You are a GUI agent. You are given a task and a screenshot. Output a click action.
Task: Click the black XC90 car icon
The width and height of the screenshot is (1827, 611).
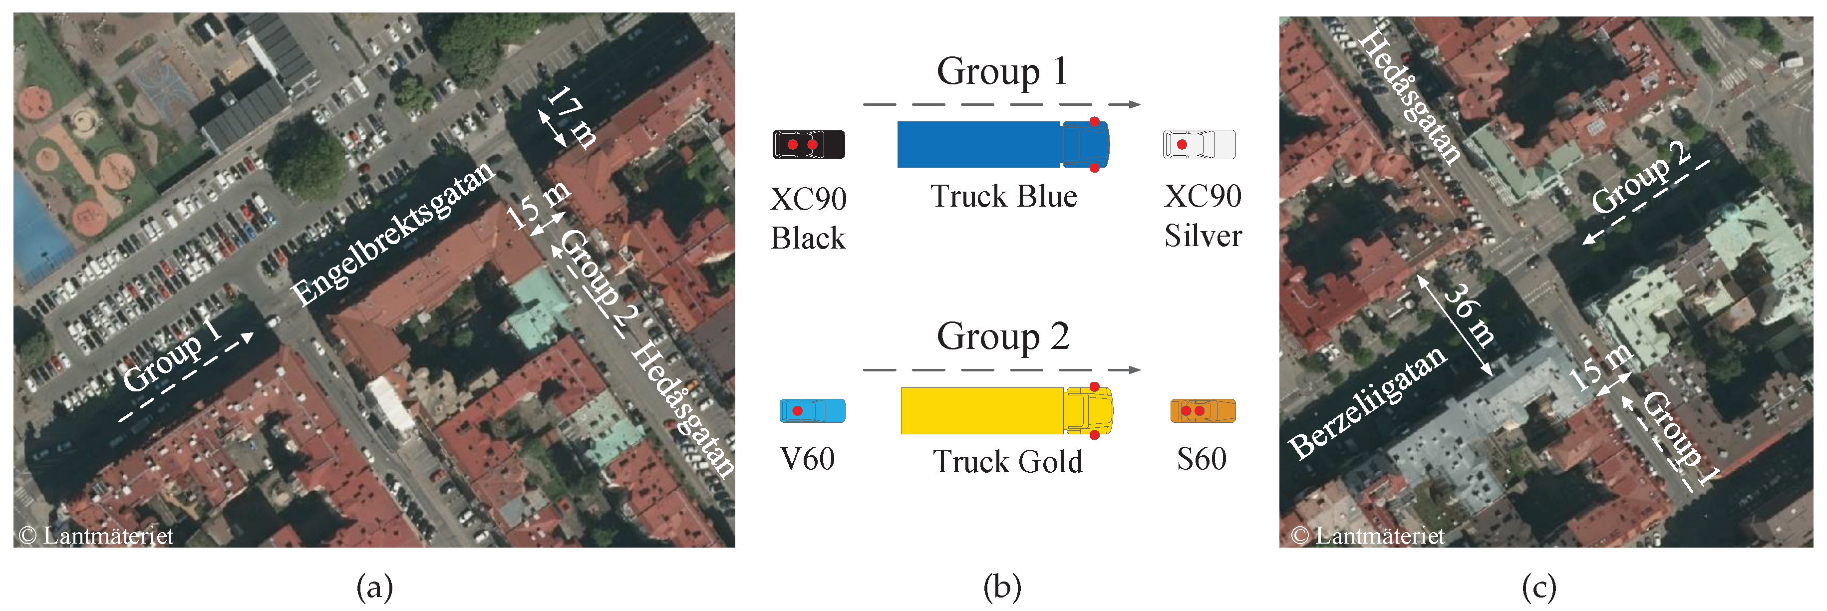tap(809, 145)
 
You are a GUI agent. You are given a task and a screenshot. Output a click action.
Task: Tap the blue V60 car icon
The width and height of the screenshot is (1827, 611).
tap(812, 411)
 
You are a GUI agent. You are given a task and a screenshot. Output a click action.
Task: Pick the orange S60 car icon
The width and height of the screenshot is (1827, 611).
tap(1203, 411)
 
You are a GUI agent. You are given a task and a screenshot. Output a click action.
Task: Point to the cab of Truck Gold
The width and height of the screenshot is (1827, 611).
tap(1088, 410)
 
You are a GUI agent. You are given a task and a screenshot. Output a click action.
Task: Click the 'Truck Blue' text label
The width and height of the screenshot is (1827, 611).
tap(1003, 197)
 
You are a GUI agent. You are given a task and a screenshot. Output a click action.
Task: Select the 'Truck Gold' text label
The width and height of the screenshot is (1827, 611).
tap(1007, 462)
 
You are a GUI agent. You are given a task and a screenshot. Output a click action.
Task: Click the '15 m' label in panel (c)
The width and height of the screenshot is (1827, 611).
tap(1601, 367)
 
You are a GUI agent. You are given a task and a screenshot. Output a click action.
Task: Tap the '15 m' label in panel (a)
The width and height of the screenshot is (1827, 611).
tap(539, 205)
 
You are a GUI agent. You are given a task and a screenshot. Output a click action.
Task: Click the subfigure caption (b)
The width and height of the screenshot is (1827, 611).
tap(1002, 588)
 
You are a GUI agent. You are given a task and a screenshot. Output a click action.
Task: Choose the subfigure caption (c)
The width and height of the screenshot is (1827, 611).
tap(1539, 588)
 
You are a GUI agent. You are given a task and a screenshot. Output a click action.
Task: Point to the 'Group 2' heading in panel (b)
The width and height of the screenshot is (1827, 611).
tap(1002, 336)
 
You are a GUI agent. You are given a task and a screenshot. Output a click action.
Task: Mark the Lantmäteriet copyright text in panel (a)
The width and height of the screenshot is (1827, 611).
tap(96, 536)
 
